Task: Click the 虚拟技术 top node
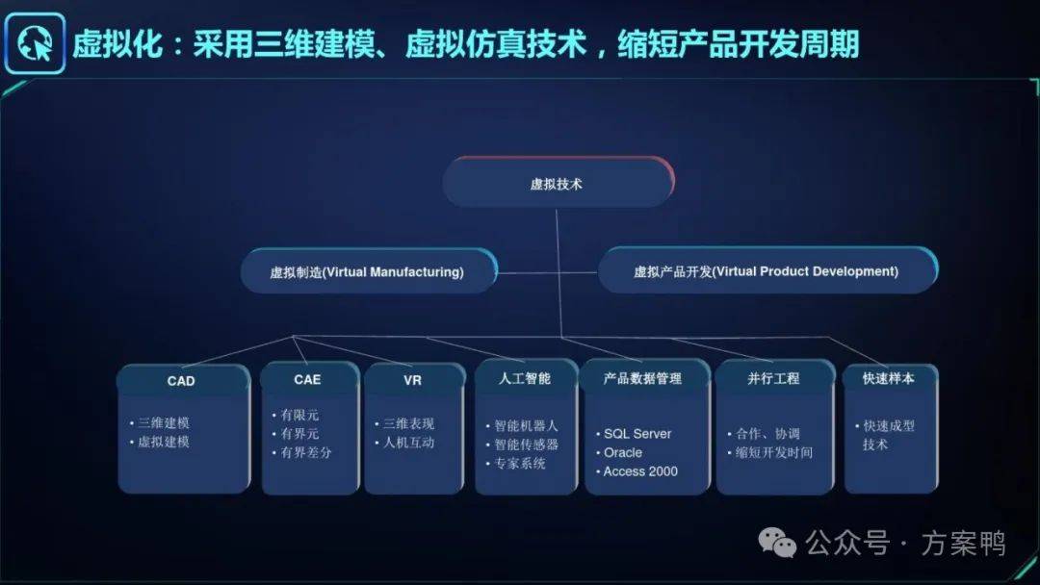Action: [558, 183]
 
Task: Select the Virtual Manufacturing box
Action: [369, 271]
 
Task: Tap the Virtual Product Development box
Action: [768, 270]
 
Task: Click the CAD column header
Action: [181, 381]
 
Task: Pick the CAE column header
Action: [307, 380]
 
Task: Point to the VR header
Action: [412, 380]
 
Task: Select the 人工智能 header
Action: [525, 378]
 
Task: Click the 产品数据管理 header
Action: [642, 378]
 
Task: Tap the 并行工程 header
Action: [773, 378]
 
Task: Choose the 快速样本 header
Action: [889, 378]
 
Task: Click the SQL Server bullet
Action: [634, 434]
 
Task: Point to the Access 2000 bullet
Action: [637, 471]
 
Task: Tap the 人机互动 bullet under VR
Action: [404, 443]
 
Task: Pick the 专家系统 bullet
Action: [516, 464]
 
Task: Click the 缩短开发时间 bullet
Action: [770, 452]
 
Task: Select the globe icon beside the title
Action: [35, 43]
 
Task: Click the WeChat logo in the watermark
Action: [777, 543]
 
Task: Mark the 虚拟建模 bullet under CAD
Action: [160, 442]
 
